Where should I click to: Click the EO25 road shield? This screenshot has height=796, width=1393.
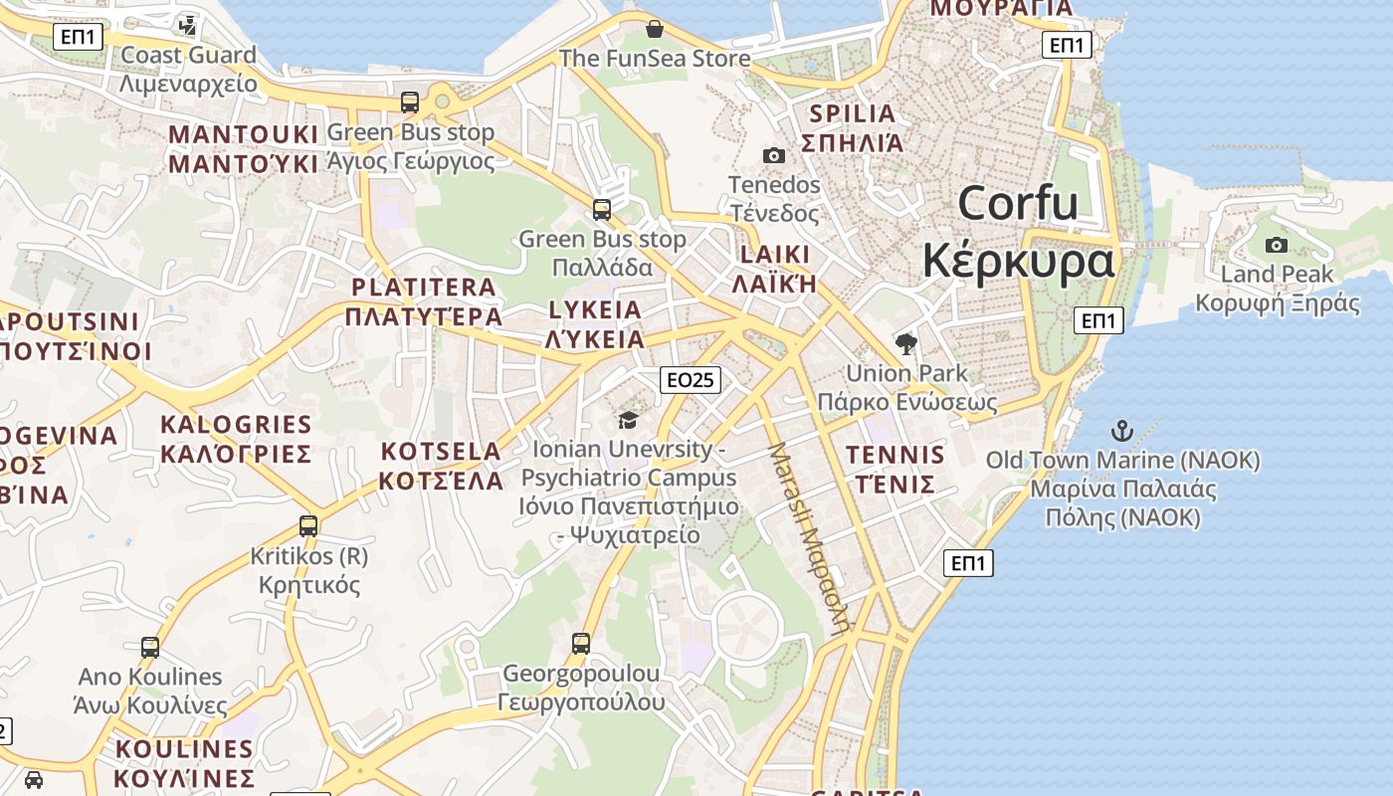click(x=690, y=379)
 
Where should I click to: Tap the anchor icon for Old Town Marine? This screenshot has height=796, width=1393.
click(x=1122, y=431)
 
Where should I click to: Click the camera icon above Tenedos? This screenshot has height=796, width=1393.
click(x=773, y=155)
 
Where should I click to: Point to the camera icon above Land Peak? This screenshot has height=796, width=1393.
click(x=1276, y=245)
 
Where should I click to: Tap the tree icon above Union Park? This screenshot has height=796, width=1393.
click(x=905, y=344)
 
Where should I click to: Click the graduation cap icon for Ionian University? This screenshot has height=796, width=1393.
click(x=628, y=420)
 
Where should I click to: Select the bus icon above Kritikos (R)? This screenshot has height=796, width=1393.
click(x=308, y=525)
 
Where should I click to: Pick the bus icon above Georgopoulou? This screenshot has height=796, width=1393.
click(x=581, y=643)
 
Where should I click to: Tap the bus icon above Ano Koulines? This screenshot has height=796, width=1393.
click(x=150, y=647)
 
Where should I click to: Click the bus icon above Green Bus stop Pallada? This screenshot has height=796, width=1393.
click(x=602, y=209)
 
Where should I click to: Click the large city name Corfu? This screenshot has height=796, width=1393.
click(x=1018, y=204)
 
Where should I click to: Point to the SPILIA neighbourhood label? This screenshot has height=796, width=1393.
click(x=853, y=113)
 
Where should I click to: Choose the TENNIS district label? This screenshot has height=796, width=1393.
click(x=895, y=456)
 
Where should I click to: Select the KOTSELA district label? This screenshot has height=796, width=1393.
click(x=441, y=452)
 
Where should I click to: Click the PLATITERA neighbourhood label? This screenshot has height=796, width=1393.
click(x=423, y=288)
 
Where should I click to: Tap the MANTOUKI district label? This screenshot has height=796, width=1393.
click(x=244, y=134)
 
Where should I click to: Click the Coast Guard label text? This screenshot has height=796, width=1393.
click(x=188, y=55)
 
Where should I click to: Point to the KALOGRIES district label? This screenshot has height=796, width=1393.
click(x=236, y=425)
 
